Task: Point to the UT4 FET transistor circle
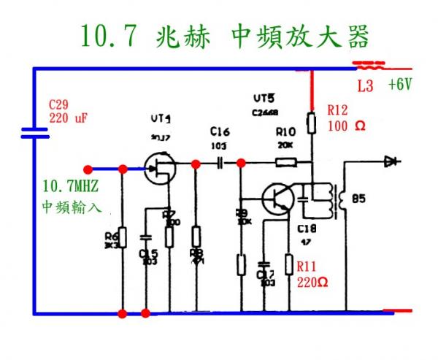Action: [x=158, y=169]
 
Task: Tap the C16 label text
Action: [x=219, y=131]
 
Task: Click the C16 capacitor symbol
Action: [x=220, y=164]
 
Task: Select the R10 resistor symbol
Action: [x=285, y=164]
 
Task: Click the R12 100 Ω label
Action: [x=342, y=118]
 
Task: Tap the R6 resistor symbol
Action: [x=123, y=237]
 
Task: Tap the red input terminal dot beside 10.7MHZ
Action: [x=88, y=169]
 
